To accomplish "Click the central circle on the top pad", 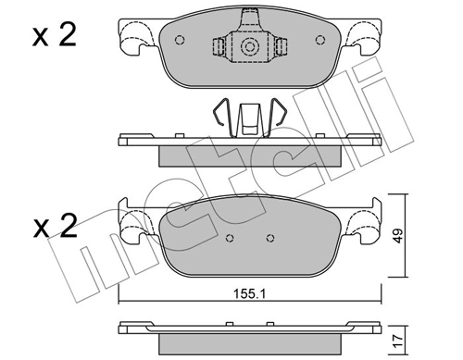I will [247, 45].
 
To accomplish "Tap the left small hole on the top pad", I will [179, 41].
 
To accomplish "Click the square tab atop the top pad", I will [247, 17].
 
